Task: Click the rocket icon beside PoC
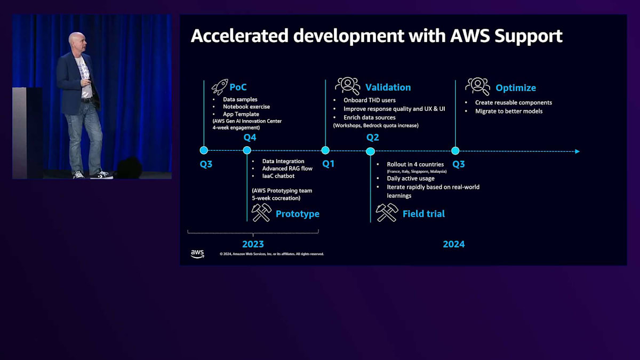pyautogui.click(x=219, y=87)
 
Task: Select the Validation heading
pyautogui.click(x=388, y=87)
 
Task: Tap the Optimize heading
pyautogui.click(x=516, y=87)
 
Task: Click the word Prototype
pyautogui.click(x=297, y=214)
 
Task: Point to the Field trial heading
pyautogui.click(x=423, y=214)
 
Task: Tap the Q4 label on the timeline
pyautogui.click(x=250, y=138)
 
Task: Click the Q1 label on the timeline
pyautogui.click(x=328, y=164)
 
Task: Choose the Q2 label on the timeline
pyautogui.click(x=372, y=138)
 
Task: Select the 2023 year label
pyautogui.click(x=253, y=244)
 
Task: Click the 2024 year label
pyautogui.click(x=453, y=244)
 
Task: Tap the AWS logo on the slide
pyautogui.click(x=197, y=253)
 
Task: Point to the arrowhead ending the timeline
pyautogui.click(x=577, y=151)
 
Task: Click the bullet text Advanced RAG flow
pyautogui.click(x=287, y=169)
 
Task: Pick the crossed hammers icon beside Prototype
pyautogui.click(x=261, y=212)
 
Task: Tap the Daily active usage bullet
pyautogui.click(x=410, y=179)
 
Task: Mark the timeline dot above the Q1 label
pyautogui.click(x=325, y=150)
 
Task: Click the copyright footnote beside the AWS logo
pyautogui.click(x=271, y=254)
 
